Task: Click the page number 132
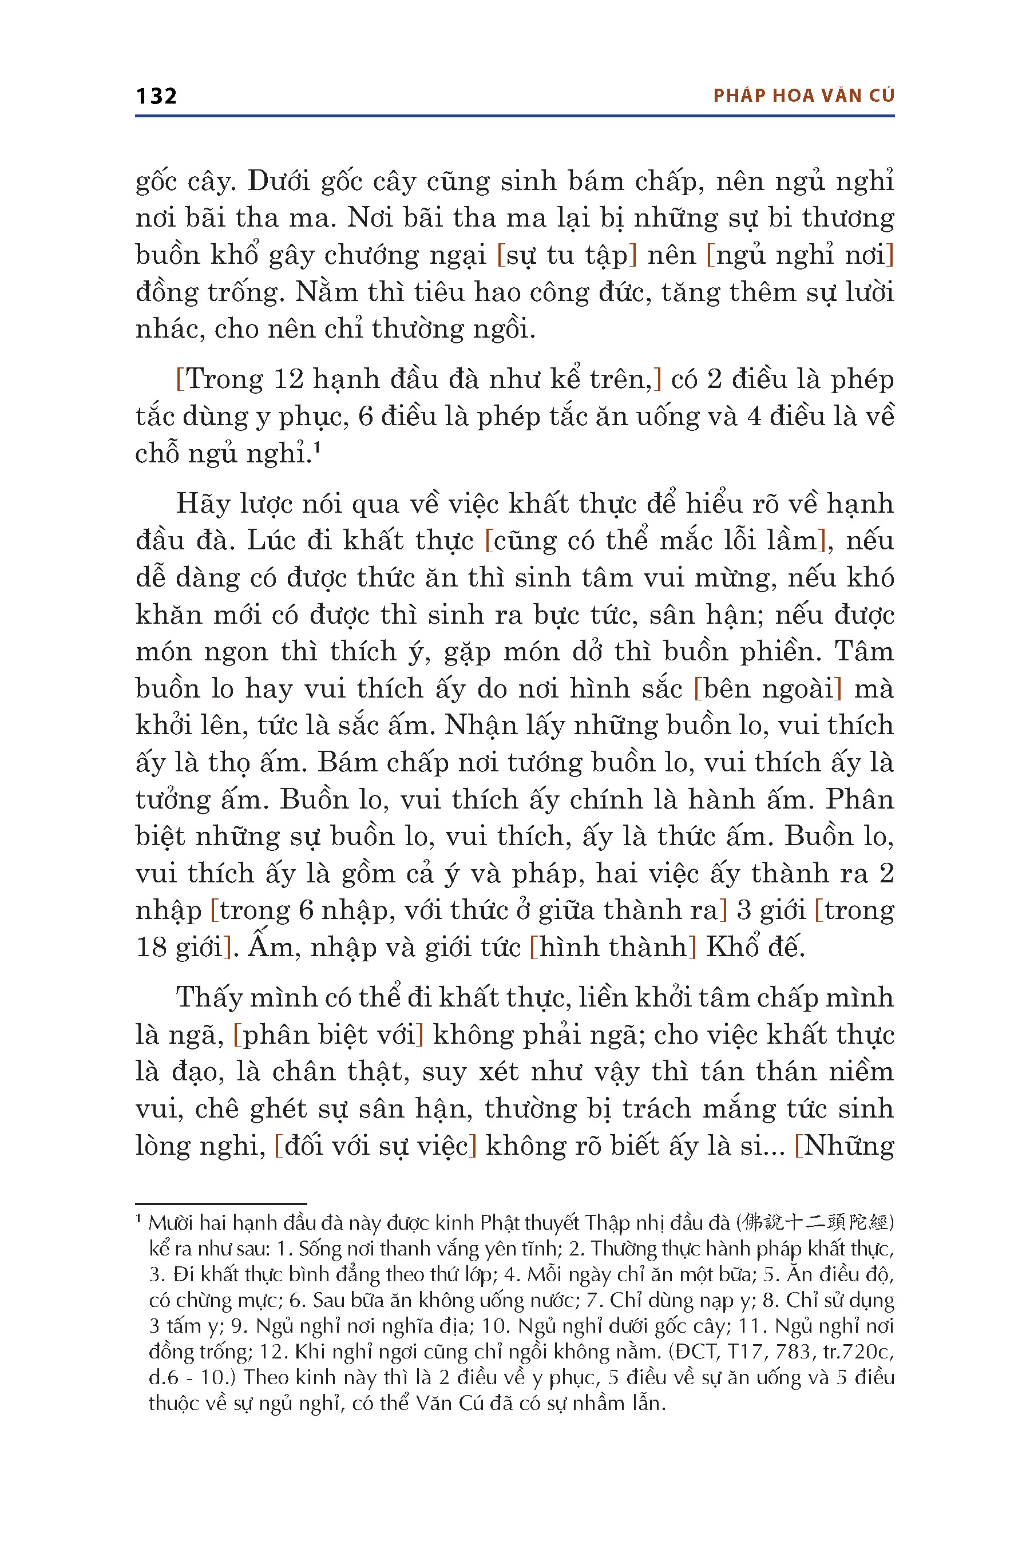click(156, 96)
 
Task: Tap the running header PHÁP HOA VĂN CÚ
click(804, 96)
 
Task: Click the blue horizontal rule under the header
click(514, 116)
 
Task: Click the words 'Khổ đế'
click(755, 947)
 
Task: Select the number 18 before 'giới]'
click(151, 947)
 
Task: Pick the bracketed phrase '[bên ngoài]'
click(768, 688)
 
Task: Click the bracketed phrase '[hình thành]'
click(612, 947)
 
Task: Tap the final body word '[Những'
click(845, 1146)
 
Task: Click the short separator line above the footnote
click(221, 1203)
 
